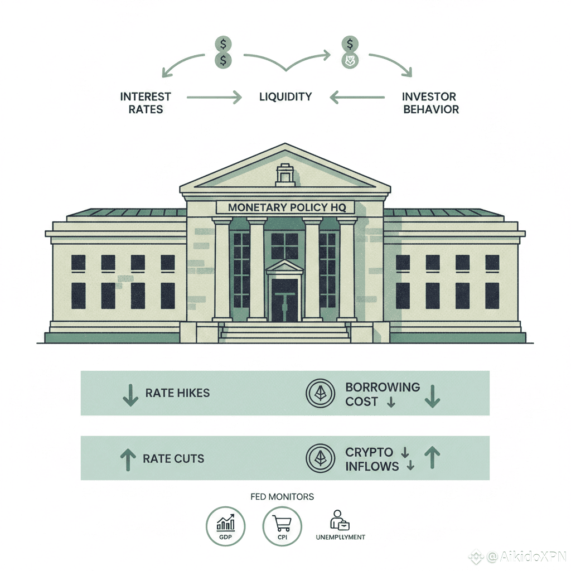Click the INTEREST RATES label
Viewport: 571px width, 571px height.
(x=146, y=103)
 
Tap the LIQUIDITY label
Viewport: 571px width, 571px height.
(x=285, y=97)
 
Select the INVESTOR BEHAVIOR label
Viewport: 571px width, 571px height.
(x=430, y=103)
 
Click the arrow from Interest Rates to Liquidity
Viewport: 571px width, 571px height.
(x=214, y=98)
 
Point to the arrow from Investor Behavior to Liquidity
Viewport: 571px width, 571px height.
(x=357, y=98)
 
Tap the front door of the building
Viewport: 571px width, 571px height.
(x=284, y=299)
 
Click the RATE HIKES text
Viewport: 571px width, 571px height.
(x=177, y=393)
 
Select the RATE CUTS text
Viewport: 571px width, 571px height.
(x=173, y=459)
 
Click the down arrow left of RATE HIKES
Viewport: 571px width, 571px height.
(x=130, y=394)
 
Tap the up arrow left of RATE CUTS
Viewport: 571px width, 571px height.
(x=128, y=459)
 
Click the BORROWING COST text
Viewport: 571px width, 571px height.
(x=382, y=394)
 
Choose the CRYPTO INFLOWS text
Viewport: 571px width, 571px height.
(x=372, y=459)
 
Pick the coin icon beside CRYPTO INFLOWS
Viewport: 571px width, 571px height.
(x=320, y=459)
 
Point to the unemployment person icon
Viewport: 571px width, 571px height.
(x=338, y=521)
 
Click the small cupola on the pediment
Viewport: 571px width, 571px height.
(x=285, y=174)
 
